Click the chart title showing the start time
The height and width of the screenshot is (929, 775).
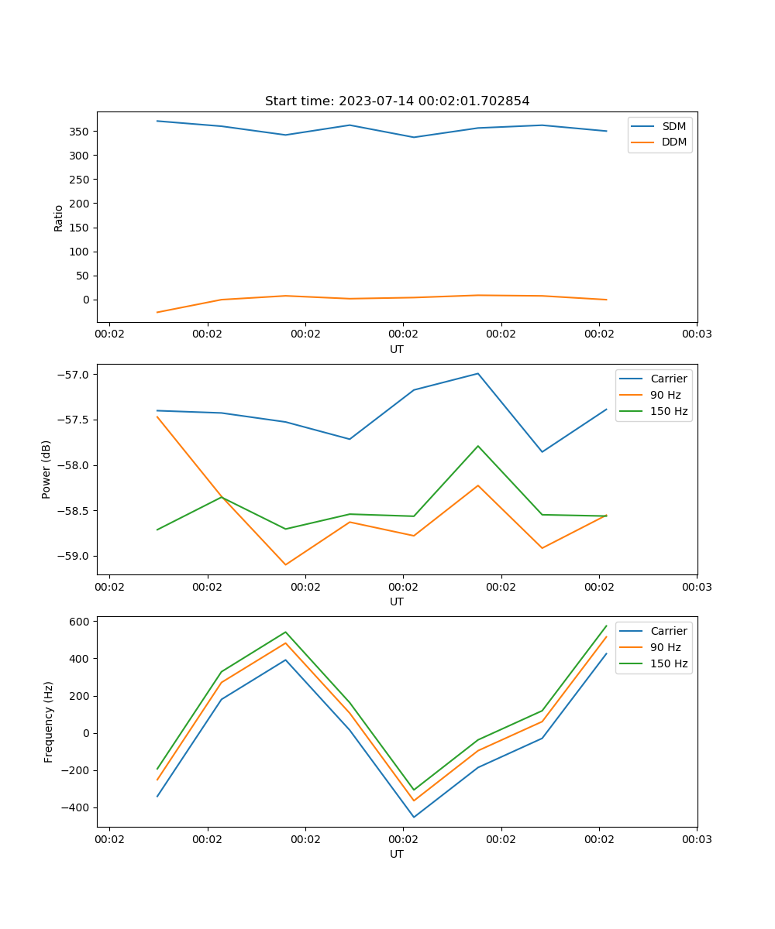pyautogui.click(x=397, y=101)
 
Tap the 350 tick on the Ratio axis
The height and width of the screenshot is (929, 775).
pyautogui.click(x=80, y=132)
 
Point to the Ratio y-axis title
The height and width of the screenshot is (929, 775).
pyautogui.click(x=59, y=218)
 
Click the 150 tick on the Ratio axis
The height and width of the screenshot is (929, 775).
pyautogui.click(x=80, y=228)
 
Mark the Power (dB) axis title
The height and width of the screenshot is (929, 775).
pyautogui.click(x=47, y=469)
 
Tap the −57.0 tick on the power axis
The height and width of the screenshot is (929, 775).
pyautogui.click(x=74, y=375)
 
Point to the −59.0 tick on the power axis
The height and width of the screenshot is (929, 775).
pyautogui.click(x=74, y=556)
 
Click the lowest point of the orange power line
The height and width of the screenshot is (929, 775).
pyautogui.click(x=285, y=564)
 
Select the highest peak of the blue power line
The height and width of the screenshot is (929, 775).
pyautogui.click(x=478, y=373)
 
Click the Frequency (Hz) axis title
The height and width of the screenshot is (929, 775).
pyautogui.click(x=49, y=722)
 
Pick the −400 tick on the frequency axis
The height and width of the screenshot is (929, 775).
pyautogui.click(x=77, y=807)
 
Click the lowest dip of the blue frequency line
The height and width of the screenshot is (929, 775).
pyautogui.click(x=414, y=817)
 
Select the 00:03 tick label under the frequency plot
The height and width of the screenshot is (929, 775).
pyautogui.click(x=697, y=838)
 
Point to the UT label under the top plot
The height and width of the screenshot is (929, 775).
pyautogui.click(x=397, y=349)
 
